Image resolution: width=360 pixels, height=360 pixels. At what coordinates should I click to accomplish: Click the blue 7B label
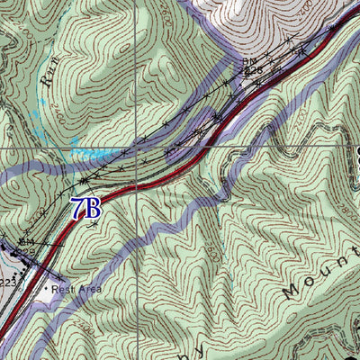coord(85,208)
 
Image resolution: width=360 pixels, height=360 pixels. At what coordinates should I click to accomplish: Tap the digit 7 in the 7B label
coord(78,208)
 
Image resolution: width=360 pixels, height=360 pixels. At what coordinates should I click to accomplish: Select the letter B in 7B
coord(93,208)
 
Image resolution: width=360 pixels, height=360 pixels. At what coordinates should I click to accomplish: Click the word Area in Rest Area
coord(89,289)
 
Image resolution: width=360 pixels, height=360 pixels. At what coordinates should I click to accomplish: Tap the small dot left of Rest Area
coord(48,290)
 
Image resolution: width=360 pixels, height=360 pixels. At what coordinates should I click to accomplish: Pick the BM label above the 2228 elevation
coord(249,60)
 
